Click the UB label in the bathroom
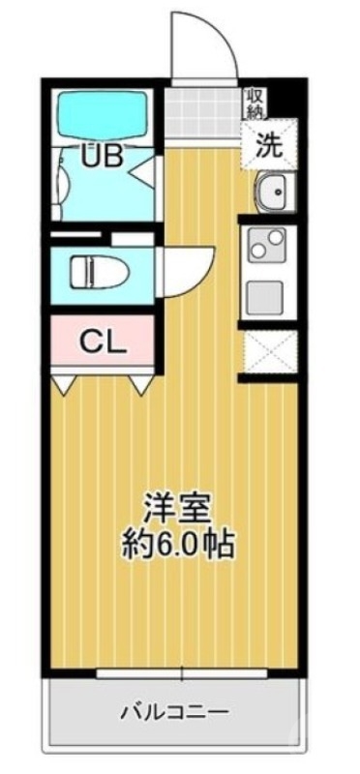tap(101, 156)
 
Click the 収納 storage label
tap(255, 103)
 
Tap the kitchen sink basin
tap(271, 193)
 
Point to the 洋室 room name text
tap(174, 506)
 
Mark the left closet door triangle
tap(65, 385)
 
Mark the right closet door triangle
tap(141, 385)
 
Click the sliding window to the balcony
tap(174, 671)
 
